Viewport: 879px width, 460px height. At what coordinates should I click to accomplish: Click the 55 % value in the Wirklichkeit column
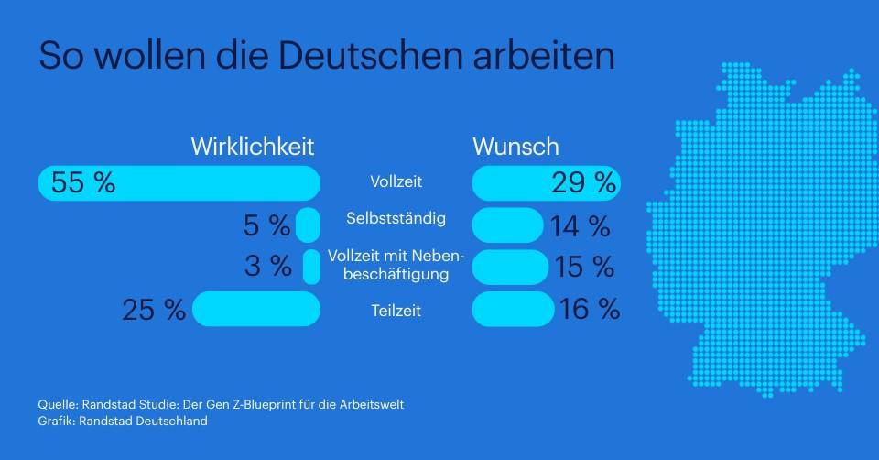[x=83, y=182]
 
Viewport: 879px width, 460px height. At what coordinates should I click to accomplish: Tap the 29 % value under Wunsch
[x=583, y=182]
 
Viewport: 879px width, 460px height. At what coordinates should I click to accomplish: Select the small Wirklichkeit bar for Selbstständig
[x=308, y=225]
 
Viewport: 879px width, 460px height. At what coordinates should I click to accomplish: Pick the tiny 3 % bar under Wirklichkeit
[x=311, y=267]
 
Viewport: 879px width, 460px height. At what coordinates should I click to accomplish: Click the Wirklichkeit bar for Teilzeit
[x=256, y=309]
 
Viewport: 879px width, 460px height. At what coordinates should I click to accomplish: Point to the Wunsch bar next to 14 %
[x=507, y=225]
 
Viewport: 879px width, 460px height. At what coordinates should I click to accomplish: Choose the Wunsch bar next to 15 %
[x=509, y=267]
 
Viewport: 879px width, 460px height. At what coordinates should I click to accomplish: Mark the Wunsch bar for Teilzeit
[x=513, y=309]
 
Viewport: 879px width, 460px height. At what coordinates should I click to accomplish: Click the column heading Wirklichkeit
[x=253, y=147]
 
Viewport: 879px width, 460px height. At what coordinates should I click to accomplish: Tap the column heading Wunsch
[x=515, y=147]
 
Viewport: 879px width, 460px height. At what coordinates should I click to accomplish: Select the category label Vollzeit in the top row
[x=396, y=182]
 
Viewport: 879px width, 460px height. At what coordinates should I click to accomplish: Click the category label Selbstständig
[x=396, y=218]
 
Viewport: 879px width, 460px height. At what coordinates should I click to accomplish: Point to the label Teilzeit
[x=396, y=311]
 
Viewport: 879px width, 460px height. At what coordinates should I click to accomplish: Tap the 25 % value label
[x=154, y=310]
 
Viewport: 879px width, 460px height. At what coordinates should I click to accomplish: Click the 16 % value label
[x=590, y=310]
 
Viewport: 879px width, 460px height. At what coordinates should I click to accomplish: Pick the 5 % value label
[x=266, y=225]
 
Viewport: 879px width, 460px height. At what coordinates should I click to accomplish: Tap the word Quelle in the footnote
[x=57, y=404]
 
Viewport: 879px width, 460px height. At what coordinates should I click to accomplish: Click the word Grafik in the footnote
[x=56, y=422]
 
